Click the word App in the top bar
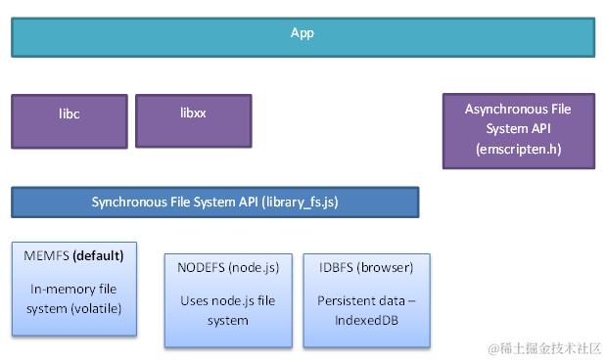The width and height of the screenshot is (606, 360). [303, 33]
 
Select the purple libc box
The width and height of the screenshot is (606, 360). [69, 120]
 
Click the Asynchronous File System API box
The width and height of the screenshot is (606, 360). [518, 130]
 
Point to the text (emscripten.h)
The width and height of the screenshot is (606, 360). [518, 150]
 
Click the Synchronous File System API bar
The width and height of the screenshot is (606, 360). [214, 202]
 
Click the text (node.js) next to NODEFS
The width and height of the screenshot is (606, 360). [253, 267]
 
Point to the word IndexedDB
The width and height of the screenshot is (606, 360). [366, 320]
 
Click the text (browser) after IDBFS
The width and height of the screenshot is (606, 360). [385, 267]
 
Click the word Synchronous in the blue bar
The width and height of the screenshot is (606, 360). [132, 202]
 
